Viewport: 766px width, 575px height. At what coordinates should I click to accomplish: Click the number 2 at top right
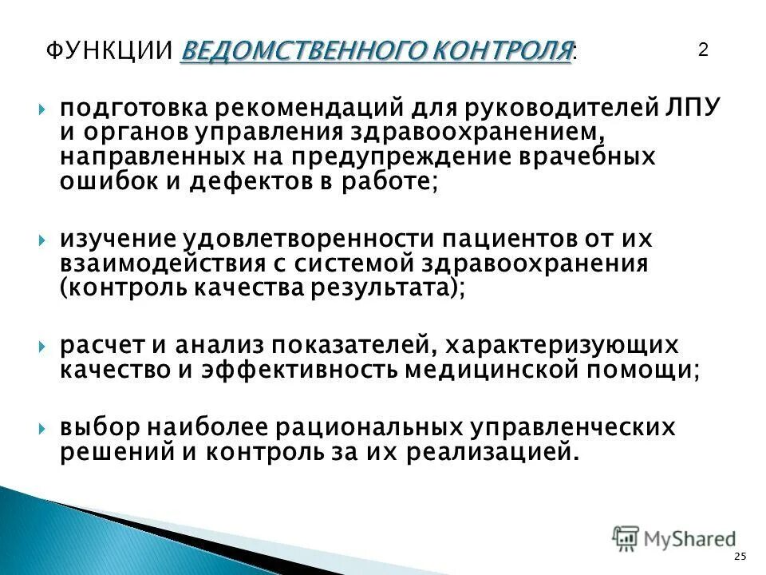click(x=703, y=50)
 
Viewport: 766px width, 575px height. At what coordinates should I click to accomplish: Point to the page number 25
click(x=740, y=556)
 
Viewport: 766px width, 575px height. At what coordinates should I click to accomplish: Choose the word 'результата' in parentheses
click(x=378, y=288)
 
